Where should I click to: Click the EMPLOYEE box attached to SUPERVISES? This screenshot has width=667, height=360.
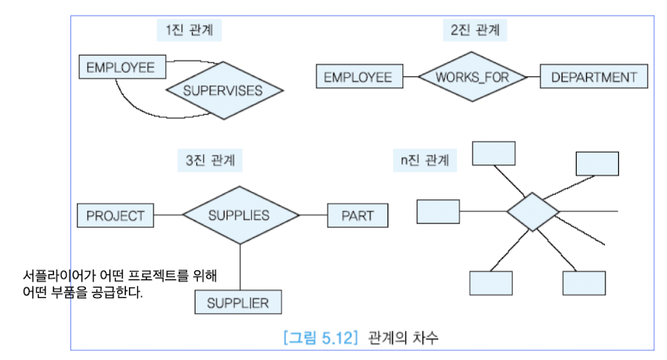(x=120, y=67)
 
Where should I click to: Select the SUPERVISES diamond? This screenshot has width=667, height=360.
(x=224, y=92)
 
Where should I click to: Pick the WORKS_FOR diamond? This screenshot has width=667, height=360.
(x=471, y=77)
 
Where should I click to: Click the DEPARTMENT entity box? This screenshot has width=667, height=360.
(x=594, y=77)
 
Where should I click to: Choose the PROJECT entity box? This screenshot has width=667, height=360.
(x=115, y=216)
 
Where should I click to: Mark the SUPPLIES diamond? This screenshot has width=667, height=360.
(x=240, y=216)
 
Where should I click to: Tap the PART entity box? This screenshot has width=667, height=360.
(x=357, y=216)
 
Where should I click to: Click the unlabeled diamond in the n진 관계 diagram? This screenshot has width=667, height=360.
(x=532, y=211)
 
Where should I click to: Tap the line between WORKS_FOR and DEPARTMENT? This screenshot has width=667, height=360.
(x=533, y=77)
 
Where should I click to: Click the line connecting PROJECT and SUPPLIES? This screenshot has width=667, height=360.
(x=167, y=216)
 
